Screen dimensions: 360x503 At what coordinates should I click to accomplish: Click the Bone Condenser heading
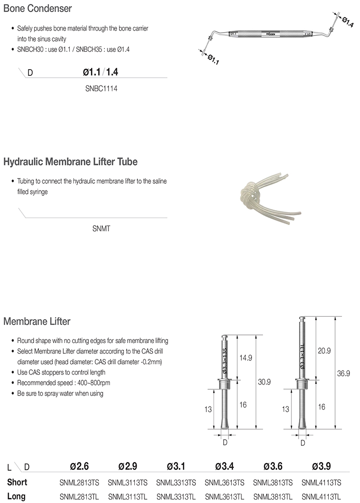[x=38, y=9]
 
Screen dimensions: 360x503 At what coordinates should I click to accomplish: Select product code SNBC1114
[x=101, y=89]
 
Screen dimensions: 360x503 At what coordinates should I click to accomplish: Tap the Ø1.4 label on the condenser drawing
[x=348, y=21]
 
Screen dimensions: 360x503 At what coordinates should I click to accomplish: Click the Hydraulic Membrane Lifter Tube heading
[x=71, y=162]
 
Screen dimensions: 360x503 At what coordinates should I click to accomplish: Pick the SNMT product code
[x=101, y=228]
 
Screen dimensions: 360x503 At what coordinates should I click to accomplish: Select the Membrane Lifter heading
[x=37, y=321]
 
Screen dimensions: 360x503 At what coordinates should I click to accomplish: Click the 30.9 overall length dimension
[x=264, y=382]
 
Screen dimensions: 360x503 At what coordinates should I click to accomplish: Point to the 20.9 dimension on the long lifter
[x=324, y=351]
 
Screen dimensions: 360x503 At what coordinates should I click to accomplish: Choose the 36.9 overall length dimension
[x=344, y=372]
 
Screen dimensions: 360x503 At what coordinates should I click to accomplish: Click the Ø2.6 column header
[x=79, y=466]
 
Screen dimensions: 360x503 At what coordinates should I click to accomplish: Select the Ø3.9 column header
[x=321, y=466]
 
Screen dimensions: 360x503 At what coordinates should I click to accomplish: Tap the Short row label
[x=17, y=482]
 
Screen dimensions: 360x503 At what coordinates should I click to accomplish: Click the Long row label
[x=16, y=497]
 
